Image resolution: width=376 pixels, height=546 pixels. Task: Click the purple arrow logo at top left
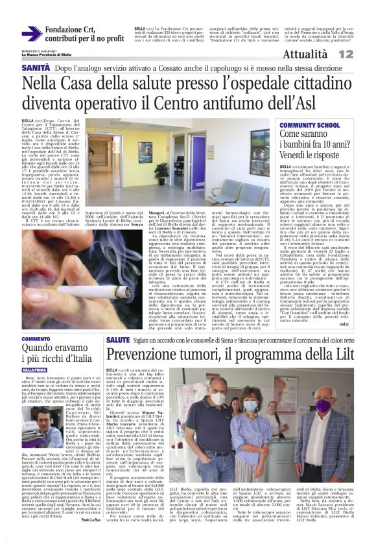point(32,33)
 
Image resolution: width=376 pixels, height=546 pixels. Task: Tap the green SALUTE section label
point(118,339)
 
